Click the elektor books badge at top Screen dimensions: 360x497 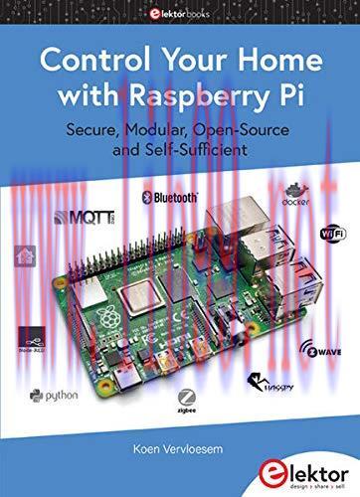click(180, 14)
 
